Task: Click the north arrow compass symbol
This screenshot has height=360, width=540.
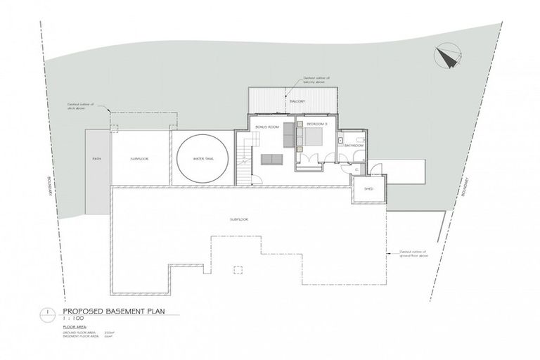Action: coord(446,57)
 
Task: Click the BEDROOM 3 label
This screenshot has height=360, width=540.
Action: coord(317,124)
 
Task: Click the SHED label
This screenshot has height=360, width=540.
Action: coord(367,189)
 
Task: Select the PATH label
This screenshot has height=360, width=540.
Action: coord(97,159)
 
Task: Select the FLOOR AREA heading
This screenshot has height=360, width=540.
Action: coord(75,328)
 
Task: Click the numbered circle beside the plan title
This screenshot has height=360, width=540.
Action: coord(46,312)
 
